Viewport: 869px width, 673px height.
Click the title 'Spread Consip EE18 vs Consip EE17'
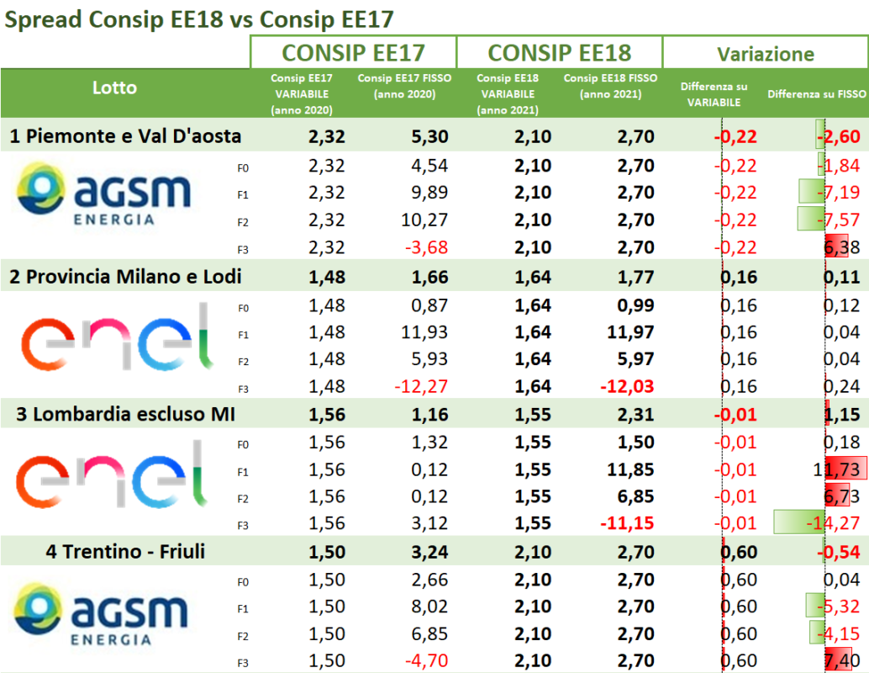(x=199, y=19)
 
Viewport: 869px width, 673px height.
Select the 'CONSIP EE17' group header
(x=353, y=53)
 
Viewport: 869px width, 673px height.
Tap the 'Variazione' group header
(x=765, y=54)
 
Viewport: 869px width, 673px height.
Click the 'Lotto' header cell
(x=114, y=87)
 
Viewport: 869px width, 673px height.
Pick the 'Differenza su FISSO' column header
(x=817, y=94)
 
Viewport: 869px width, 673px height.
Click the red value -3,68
(x=425, y=248)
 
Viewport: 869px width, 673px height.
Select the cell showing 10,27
(x=425, y=220)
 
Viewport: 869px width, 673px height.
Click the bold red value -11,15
(x=627, y=524)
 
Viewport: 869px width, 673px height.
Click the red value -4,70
(x=425, y=662)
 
